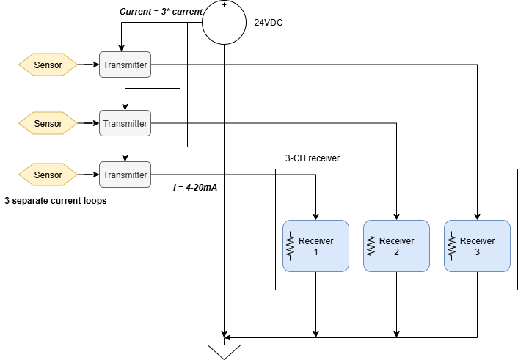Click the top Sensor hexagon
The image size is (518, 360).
48,65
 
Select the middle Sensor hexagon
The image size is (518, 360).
48,123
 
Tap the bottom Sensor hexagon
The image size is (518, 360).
48,175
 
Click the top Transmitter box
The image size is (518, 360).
125,65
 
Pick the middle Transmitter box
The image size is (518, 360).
125,123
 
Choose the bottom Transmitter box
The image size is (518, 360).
125,175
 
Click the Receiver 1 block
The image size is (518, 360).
315,246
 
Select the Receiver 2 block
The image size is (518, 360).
396,246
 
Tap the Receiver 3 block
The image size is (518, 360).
477,246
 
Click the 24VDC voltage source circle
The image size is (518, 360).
225,22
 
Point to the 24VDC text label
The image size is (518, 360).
269,23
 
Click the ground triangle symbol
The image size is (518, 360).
225,350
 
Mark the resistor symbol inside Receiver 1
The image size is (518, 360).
290,246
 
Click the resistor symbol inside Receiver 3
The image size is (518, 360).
451,246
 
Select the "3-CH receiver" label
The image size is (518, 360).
313,158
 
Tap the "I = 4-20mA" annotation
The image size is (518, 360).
195,188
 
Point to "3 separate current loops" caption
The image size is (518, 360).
55,200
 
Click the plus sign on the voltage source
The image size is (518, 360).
225,5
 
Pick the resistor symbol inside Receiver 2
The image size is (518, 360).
371,246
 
